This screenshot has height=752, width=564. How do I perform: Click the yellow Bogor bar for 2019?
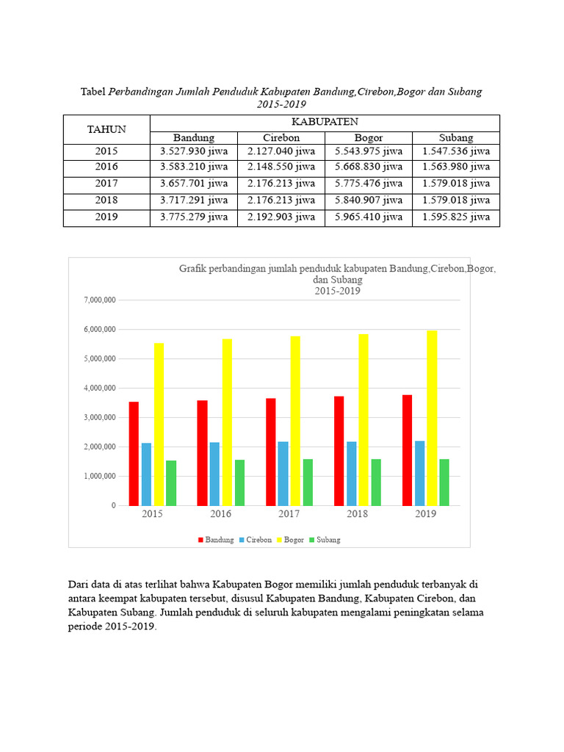(x=432, y=418)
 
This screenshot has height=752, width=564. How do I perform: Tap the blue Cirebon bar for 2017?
(x=283, y=473)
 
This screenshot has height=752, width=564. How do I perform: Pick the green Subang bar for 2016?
(x=239, y=482)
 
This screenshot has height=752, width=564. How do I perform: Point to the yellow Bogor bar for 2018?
(x=364, y=419)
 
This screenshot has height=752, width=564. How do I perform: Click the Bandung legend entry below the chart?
(x=215, y=540)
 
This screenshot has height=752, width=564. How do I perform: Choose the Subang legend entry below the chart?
(x=325, y=540)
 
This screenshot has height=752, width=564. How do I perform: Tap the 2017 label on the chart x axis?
(x=289, y=514)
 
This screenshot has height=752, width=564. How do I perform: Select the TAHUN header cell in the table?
(x=106, y=130)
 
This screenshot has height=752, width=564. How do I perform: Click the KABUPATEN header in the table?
(x=325, y=122)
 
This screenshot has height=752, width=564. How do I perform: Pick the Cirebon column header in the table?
(x=281, y=137)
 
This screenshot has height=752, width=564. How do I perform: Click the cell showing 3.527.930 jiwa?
(x=194, y=152)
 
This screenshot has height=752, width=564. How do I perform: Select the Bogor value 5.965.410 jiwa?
(x=368, y=217)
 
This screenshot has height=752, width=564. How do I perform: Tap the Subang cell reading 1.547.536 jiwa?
(x=455, y=152)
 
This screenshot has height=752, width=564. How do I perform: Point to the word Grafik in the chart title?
(x=195, y=269)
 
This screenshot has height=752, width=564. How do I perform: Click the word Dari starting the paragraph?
(x=78, y=585)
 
